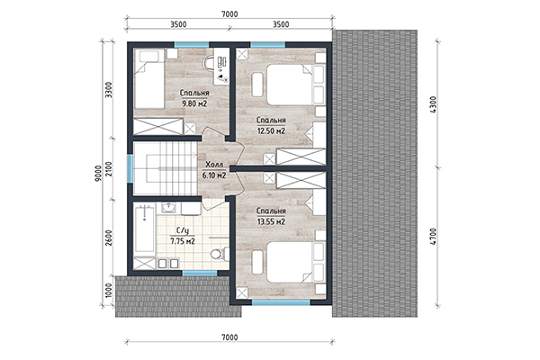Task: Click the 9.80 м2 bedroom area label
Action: [x=194, y=98]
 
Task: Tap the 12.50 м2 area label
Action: [x=271, y=125]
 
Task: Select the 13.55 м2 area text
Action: [x=272, y=216]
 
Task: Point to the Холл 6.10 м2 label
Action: [x=214, y=170]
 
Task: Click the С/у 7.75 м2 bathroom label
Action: [x=183, y=236]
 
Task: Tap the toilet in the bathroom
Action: [x=220, y=254]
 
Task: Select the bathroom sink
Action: [x=168, y=208]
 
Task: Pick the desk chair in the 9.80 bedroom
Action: [x=209, y=63]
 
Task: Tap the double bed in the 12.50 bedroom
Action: [x=295, y=85]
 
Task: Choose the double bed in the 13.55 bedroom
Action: [x=295, y=262]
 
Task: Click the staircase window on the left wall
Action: [x=130, y=168]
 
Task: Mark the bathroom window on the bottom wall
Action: [x=200, y=274]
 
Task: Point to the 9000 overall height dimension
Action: [x=98, y=174]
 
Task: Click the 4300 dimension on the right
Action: [x=434, y=103]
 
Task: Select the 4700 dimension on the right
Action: [x=434, y=237]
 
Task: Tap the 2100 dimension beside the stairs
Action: [x=109, y=169]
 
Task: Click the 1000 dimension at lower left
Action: [x=109, y=291]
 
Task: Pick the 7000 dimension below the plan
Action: [x=229, y=337]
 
